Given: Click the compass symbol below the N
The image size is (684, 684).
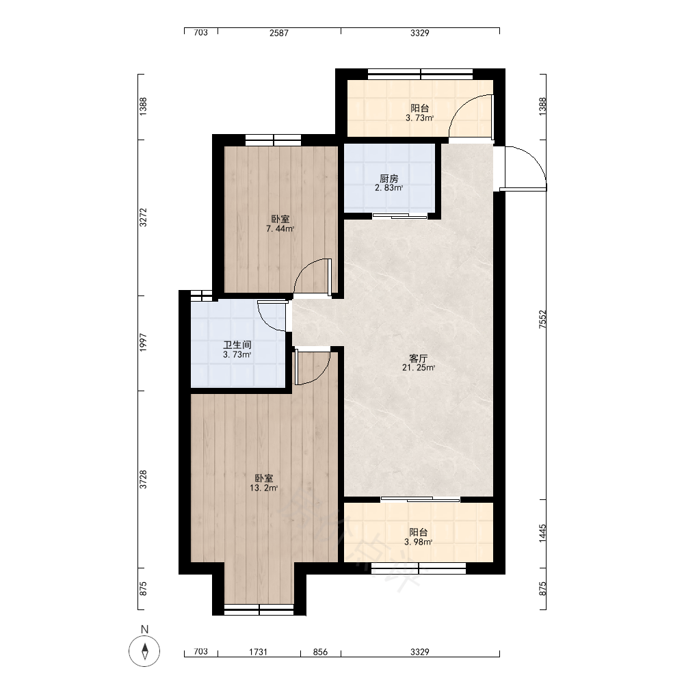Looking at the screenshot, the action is (144, 651).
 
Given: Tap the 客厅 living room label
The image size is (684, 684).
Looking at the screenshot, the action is (418, 358).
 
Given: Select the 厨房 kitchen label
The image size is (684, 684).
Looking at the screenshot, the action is (389, 179).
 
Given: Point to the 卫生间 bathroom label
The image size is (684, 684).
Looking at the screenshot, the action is (237, 345).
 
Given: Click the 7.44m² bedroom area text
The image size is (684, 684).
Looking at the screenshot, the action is (280, 228).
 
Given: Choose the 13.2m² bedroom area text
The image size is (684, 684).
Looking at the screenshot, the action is (263, 488).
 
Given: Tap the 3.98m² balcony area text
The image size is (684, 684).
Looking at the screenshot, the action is (419, 542).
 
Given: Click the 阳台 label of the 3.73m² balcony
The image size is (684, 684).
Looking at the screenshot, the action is (420, 108).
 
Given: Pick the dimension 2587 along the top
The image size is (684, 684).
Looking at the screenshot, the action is (279, 33).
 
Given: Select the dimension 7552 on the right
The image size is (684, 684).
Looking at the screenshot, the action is (542, 319).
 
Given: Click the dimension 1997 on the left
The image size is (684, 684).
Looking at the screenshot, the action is (143, 343).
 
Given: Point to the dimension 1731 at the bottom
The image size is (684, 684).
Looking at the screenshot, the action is (258, 652).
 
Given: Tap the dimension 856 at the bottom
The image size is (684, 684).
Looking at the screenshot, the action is (320, 652).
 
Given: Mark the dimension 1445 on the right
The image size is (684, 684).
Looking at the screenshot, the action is (542, 534).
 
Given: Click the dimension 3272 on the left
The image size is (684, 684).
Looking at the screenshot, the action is (143, 218).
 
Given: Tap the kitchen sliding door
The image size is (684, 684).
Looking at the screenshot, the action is (399, 216).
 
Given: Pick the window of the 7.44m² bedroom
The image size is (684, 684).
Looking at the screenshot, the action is (273, 140).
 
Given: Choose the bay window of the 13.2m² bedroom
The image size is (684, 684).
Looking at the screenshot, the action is (259, 610).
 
